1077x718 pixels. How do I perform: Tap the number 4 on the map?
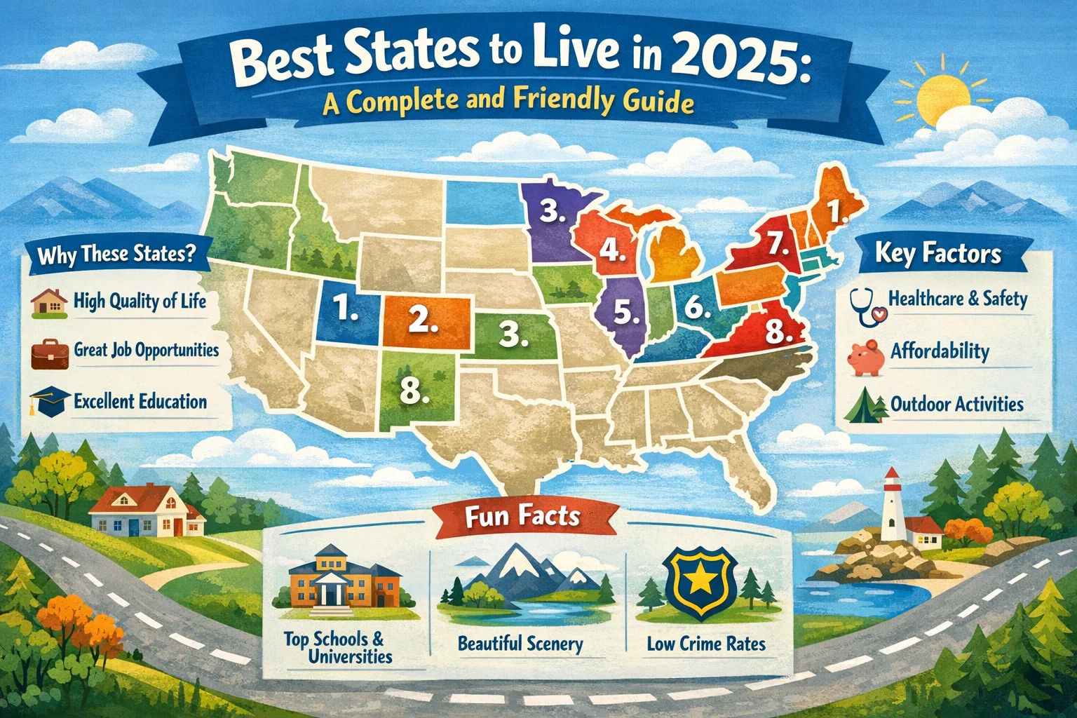coord(612,250)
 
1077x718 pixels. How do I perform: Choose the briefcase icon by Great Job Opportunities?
coord(49,353)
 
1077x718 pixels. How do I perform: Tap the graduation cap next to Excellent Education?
coord(48,401)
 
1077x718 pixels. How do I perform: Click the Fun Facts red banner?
coord(522,517)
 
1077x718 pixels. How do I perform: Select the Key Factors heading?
coord(938,253)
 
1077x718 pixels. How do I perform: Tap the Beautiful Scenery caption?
coord(520,644)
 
